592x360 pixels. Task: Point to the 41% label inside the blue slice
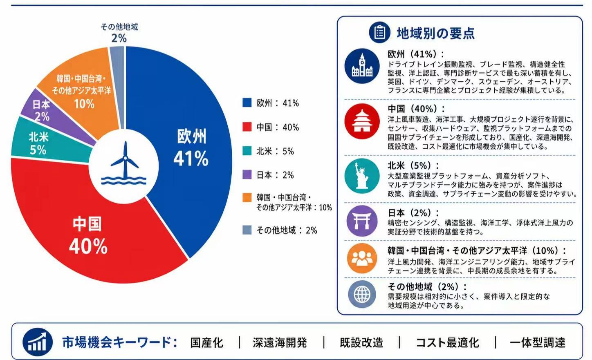[x=191, y=159]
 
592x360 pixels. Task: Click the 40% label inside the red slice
[x=88, y=246]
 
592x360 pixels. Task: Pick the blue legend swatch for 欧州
[x=247, y=103]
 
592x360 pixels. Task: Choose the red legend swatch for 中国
[x=247, y=127]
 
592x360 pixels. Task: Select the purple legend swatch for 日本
[x=247, y=174]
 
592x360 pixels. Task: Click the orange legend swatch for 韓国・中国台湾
[x=247, y=197]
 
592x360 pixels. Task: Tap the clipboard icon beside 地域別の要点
[x=379, y=33]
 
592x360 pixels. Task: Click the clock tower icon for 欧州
[x=362, y=66]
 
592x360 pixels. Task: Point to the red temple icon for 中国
[x=362, y=121]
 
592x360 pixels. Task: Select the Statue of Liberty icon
[x=362, y=176]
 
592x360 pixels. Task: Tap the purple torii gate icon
[x=362, y=221]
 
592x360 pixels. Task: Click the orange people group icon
[x=362, y=259]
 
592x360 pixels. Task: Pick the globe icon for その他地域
[x=362, y=294]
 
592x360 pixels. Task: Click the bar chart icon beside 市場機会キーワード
[x=38, y=342]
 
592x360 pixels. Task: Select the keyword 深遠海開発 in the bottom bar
[x=280, y=342]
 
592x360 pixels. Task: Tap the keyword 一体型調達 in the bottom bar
[x=538, y=342]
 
